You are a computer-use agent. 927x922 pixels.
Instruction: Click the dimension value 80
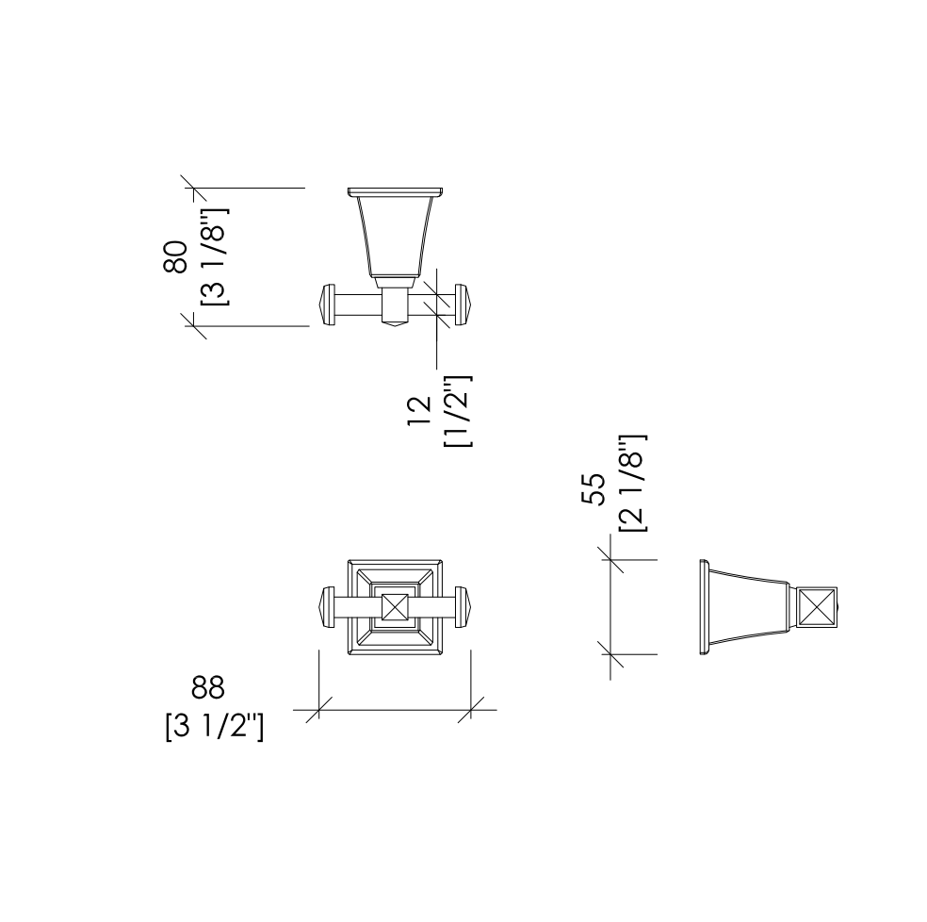tap(175, 256)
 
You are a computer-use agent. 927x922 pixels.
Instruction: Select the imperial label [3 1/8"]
tap(214, 256)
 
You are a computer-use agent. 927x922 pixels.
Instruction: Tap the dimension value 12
tap(420, 411)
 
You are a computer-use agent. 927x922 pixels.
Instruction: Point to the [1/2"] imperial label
tap(458, 411)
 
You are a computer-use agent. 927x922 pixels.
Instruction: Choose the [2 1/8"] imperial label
tap(632, 484)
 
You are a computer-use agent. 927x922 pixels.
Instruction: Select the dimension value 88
tap(208, 687)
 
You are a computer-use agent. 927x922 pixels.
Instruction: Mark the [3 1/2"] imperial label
tap(214, 726)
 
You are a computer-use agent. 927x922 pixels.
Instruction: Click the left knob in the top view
tap(328, 305)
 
